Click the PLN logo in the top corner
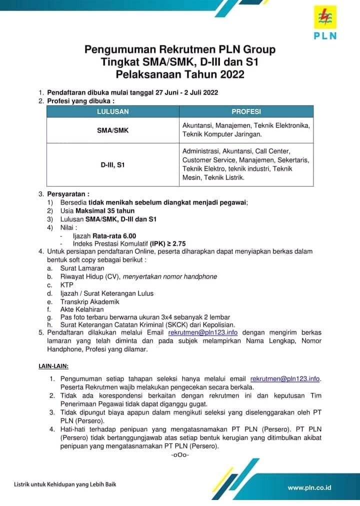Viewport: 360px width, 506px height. tap(325, 23)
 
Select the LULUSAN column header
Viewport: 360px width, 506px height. tap(112, 111)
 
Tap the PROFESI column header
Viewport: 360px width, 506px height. tap(246, 111)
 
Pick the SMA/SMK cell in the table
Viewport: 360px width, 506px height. tap(112, 130)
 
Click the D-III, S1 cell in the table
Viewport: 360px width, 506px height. tap(112, 164)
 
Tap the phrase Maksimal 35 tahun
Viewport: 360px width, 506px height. tap(108, 210)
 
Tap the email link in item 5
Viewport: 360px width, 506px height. tap(202, 332)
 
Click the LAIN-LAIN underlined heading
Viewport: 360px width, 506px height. tap(53, 366)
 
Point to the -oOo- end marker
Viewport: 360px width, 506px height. tap(179, 455)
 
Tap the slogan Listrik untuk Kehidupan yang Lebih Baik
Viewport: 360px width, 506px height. tap(68, 484)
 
